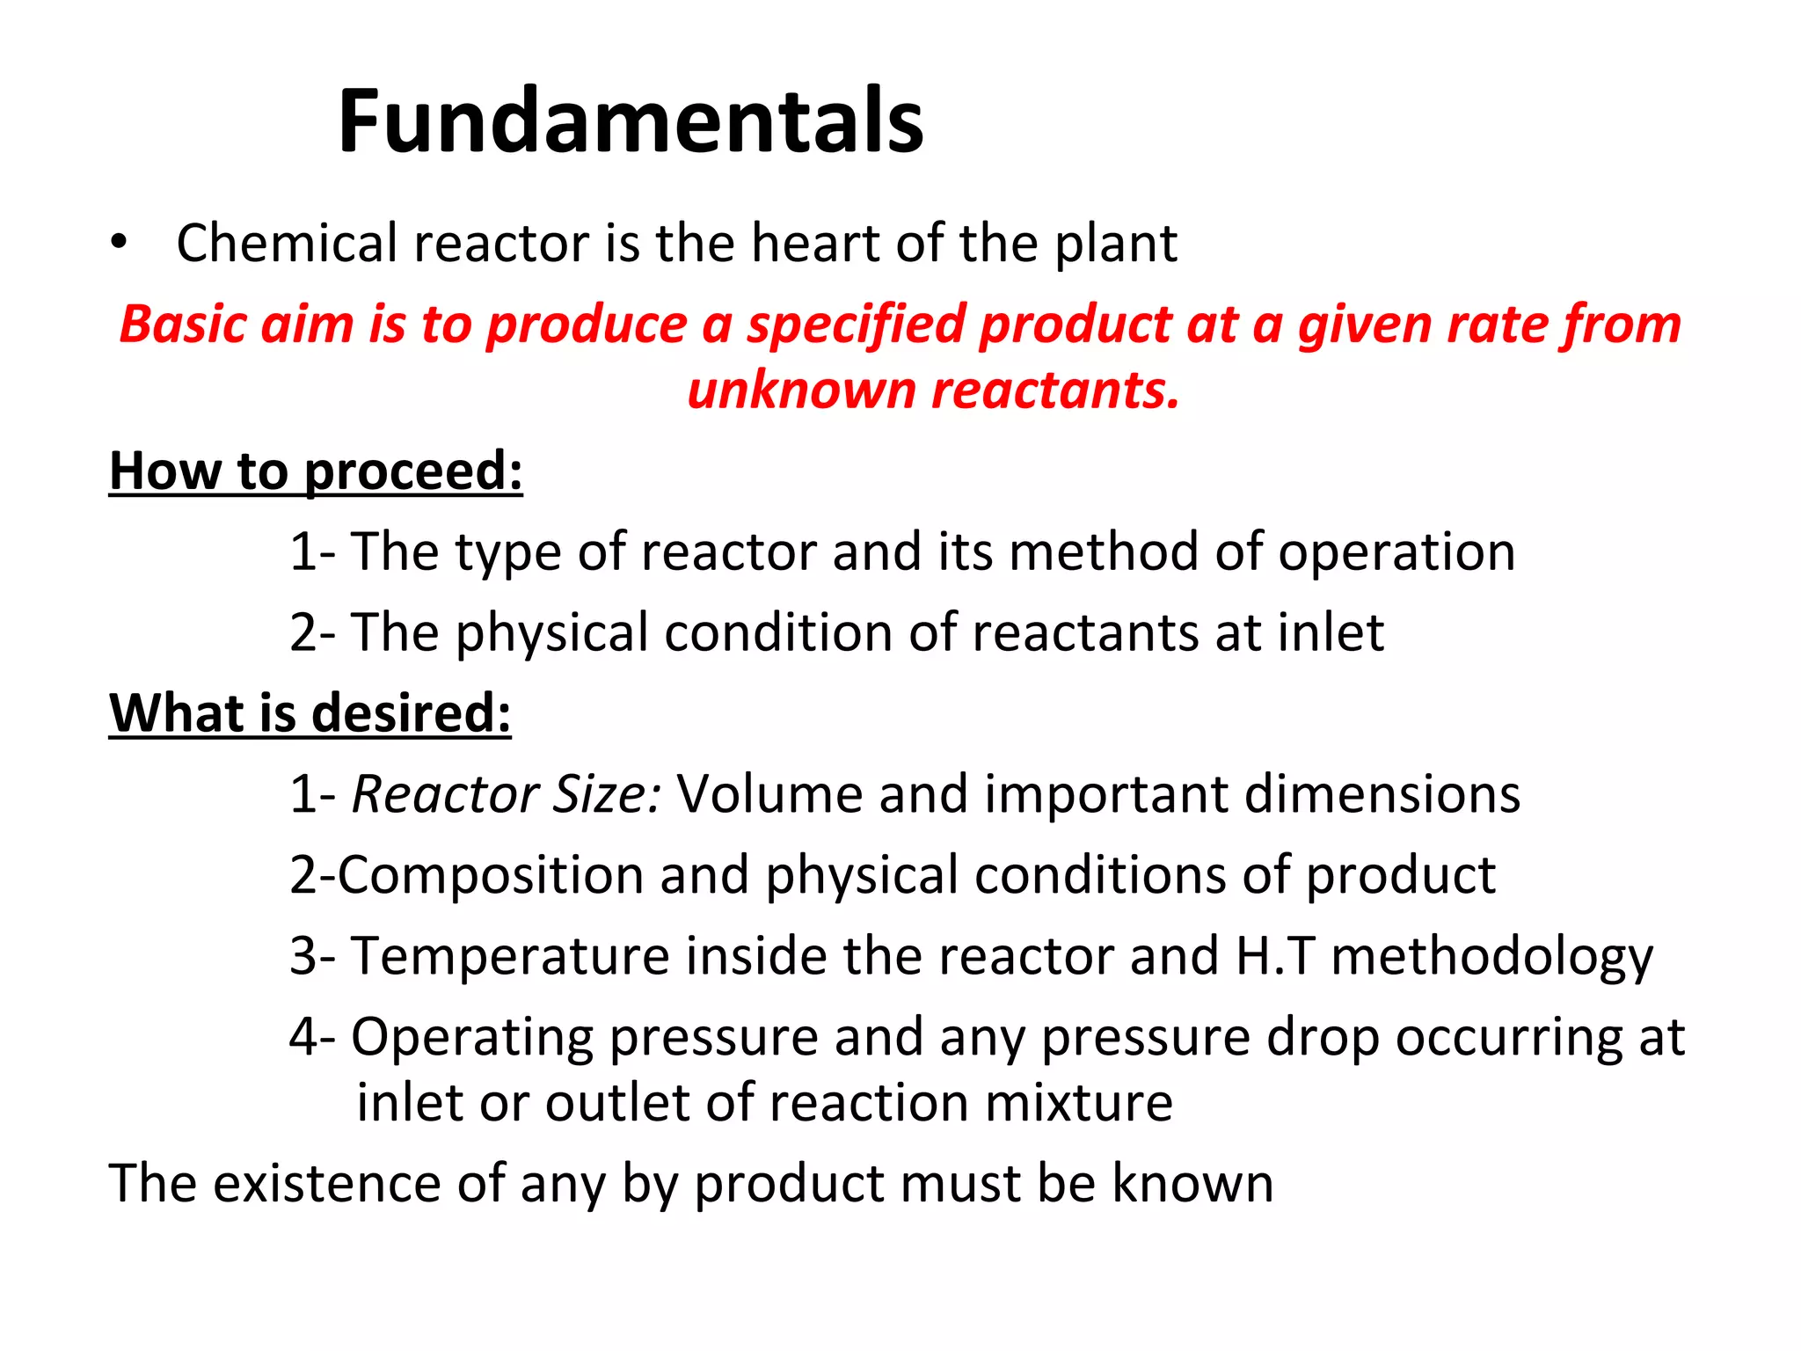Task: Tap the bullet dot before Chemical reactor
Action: point(119,243)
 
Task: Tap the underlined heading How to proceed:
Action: point(316,471)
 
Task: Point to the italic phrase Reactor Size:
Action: point(507,794)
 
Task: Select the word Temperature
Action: point(510,956)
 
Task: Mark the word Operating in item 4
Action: point(472,1038)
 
